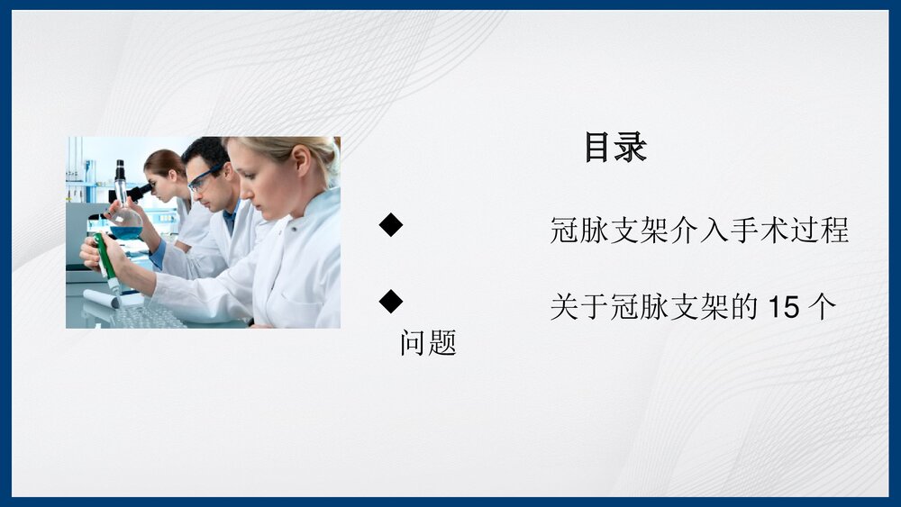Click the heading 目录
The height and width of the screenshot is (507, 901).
pyautogui.click(x=615, y=147)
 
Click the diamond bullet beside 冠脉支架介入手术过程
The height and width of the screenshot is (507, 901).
pyautogui.click(x=391, y=224)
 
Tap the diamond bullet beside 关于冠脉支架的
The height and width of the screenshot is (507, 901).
pyautogui.click(x=391, y=302)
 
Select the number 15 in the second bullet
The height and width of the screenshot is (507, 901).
pyautogui.click(x=783, y=307)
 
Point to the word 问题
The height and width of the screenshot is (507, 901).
pyautogui.click(x=428, y=343)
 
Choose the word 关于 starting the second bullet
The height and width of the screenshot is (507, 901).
pyautogui.click(x=579, y=307)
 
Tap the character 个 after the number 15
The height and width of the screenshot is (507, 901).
pyautogui.click(x=823, y=307)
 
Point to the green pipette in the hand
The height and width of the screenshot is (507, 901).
pyautogui.click(x=106, y=262)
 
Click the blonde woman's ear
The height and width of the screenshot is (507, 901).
pyautogui.click(x=301, y=161)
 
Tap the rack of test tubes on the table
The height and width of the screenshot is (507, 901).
pyautogui.click(x=150, y=315)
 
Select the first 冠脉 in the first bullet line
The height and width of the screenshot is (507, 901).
pyautogui.click(x=579, y=231)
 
